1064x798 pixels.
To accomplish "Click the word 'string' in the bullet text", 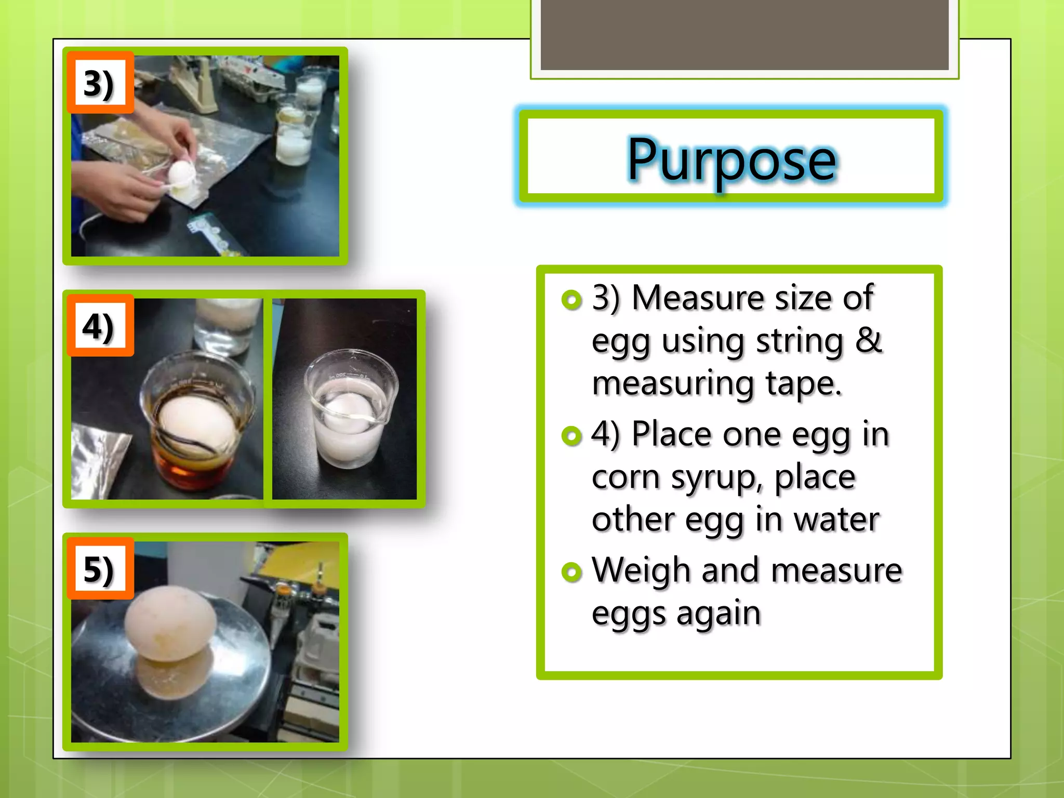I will [799, 342].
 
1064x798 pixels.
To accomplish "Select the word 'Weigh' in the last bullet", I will [642, 570].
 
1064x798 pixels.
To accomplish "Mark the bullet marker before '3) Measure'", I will [571, 300].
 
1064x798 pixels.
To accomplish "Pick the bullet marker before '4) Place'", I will [571, 436].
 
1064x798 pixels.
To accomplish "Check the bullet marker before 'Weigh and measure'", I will [571, 572].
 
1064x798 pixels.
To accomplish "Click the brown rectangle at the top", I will [744, 34].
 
